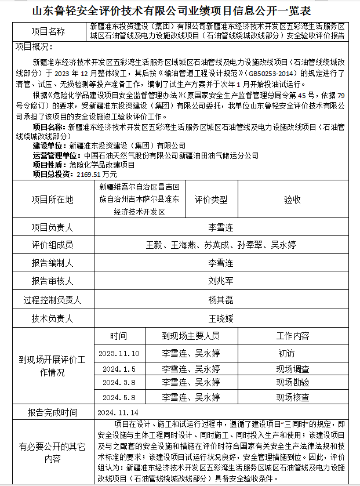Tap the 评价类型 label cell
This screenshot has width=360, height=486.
pyautogui.click(x=211, y=200)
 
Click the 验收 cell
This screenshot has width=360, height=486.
pyautogui.click(x=292, y=200)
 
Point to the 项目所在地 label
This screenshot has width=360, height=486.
pyautogui.click(x=52, y=200)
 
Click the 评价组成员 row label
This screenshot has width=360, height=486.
pyautogui.click(x=52, y=245)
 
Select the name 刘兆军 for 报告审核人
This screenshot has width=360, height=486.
pyautogui.click(x=220, y=281)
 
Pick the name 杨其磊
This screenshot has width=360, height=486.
pyautogui.click(x=220, y=300)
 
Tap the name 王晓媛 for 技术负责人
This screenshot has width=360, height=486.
pyautogui.click(x=220, y=318)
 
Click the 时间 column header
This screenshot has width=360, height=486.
pyautogui.click(x=118, y=336)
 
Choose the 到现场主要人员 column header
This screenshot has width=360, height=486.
pyautogui.click(x=191, y=336)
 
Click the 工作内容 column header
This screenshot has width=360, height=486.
pyautogui.click(x=292, y=336)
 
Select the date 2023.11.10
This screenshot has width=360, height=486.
pyautogui.click(x=119, y=353)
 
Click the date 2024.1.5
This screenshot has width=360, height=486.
pyautogui.click(x=119, y=369)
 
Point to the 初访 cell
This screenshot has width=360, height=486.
pyautogui.click(x=286, y=353)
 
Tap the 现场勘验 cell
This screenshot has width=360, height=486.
pyautogui.click(x=292, y=383)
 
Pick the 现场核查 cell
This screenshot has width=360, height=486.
pyautogui.click(x=292, y=398)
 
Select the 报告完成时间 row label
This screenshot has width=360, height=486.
pyautogui.click(x=52, y=413)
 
